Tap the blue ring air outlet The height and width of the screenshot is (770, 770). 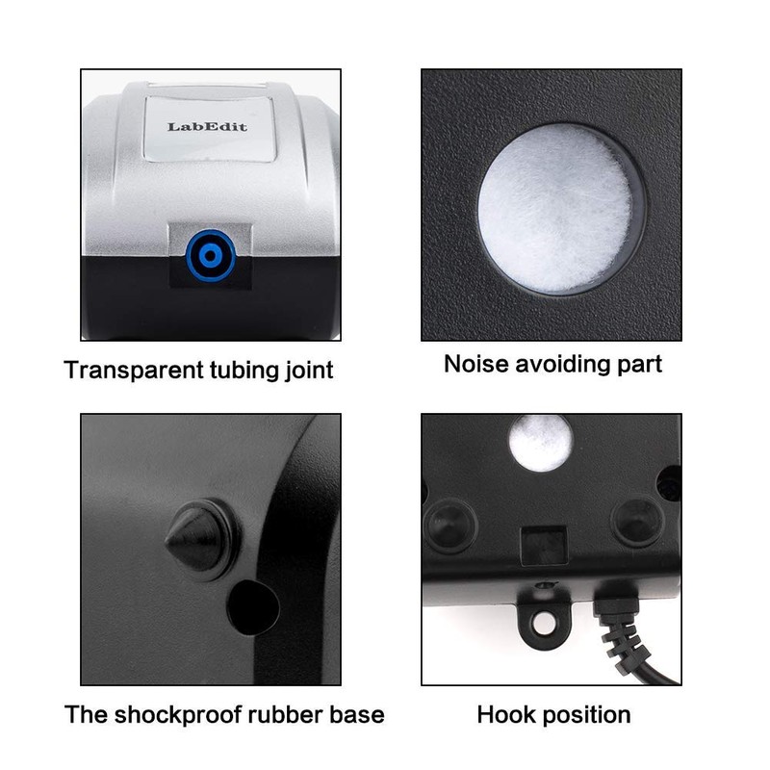click(x=209, y=255)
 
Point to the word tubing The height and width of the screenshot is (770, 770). click(x=237, y=370)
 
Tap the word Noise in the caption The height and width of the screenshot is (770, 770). click(x=474, y=364)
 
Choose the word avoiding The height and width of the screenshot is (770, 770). click(x=559, y=364)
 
